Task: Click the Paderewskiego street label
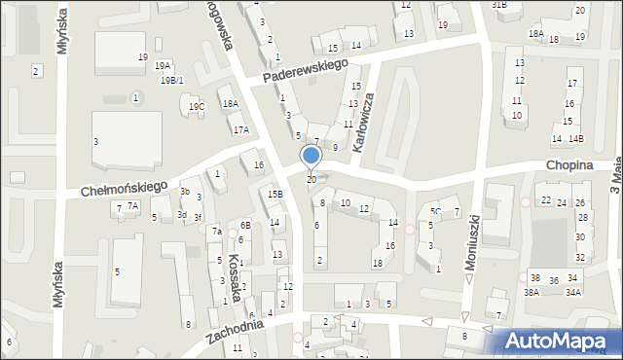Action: pos(306,70)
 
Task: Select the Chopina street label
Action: pos(569,166)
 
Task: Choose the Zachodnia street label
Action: pos(236,338)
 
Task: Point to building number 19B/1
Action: pos(171,80)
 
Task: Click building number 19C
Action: pos(197,106)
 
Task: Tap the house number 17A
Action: pos(240,129)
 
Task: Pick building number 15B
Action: pos(275,195)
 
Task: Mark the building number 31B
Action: pos(499,5)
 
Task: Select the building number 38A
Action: pos(531,292)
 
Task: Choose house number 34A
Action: pos(573,292)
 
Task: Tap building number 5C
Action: pos(436,211)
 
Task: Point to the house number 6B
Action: pos(246,226)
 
